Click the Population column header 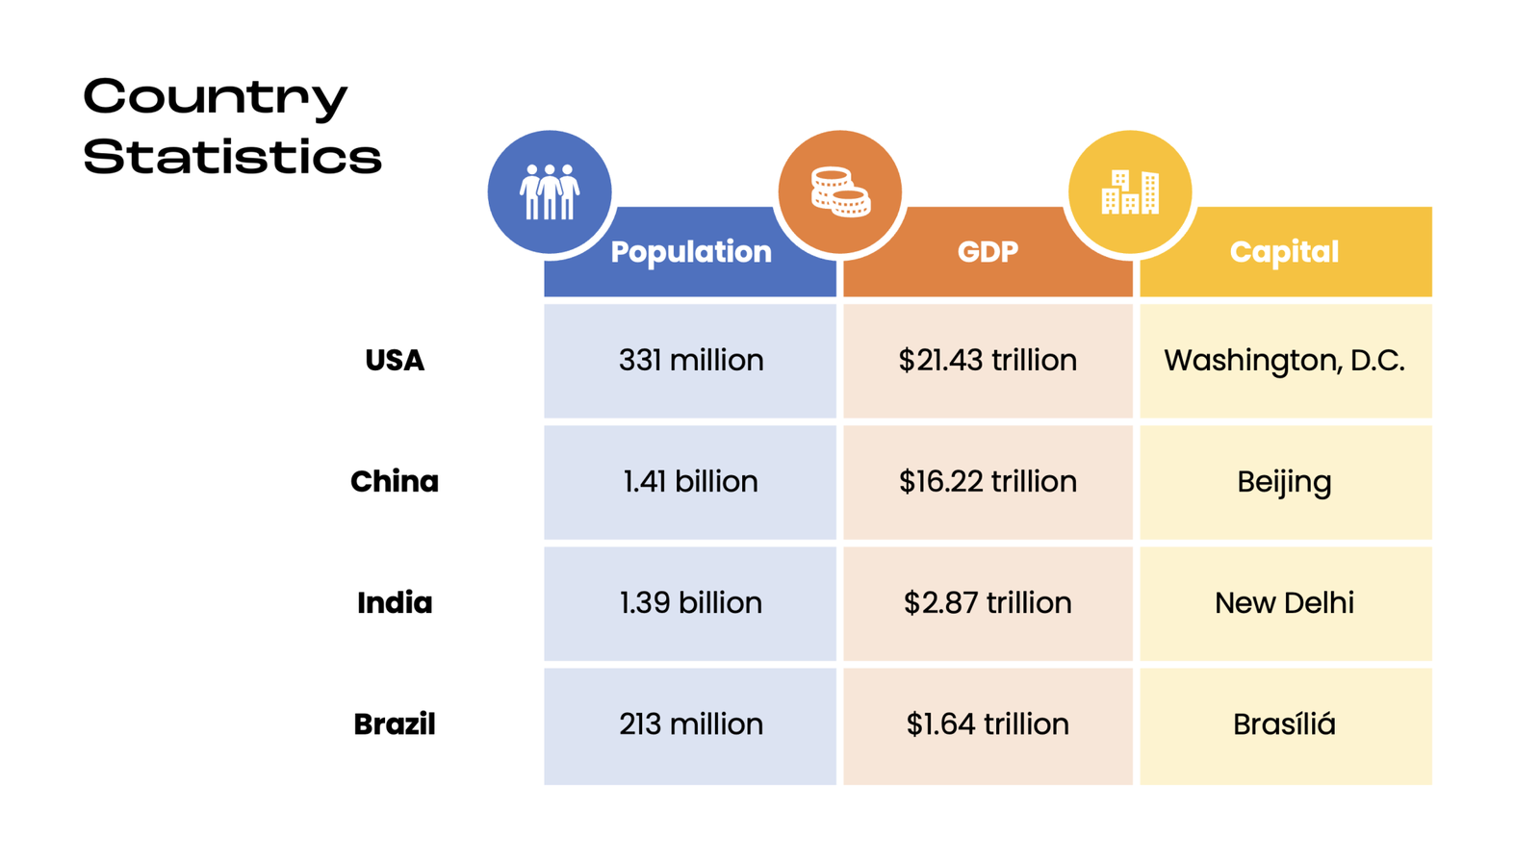pyautogui.click(x=690, y=252)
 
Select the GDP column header pyautogui.click(x=988, y=252)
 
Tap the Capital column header pyautogui.click(x=1284, y=252)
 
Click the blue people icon pyautogui.click(x=550, y=191)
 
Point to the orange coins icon pyautogui.click(x=840, y=191)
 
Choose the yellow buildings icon pyautogui.click(x=1130, y=191)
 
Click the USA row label pyautogui.click(x=395, y=361)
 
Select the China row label pyautogui.click(x=395, y=482)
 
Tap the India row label pyautogui.click(x=395, y=603)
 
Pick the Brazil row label pyautogui.click(x=395, y=724)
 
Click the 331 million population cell pyautogui.click(x=690, y=361)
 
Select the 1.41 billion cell pyautogui.click(x=690, y=482)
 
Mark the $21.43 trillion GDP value pyautogui.click(x=988, y=361)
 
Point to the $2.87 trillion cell pyautogui.click(x=988, y=603)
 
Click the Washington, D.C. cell pyautogui.click(x=1284, y=361)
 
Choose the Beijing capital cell pyautogui.click(x=1284, y=482)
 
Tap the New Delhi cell pyautogui.click(x=1284, y=603)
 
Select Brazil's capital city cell pyautogui.click(x=1284, y=724)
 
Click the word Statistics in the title pyautogui.click(x=232, y=157)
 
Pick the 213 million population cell pyautogui.click(x=690, y=724)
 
